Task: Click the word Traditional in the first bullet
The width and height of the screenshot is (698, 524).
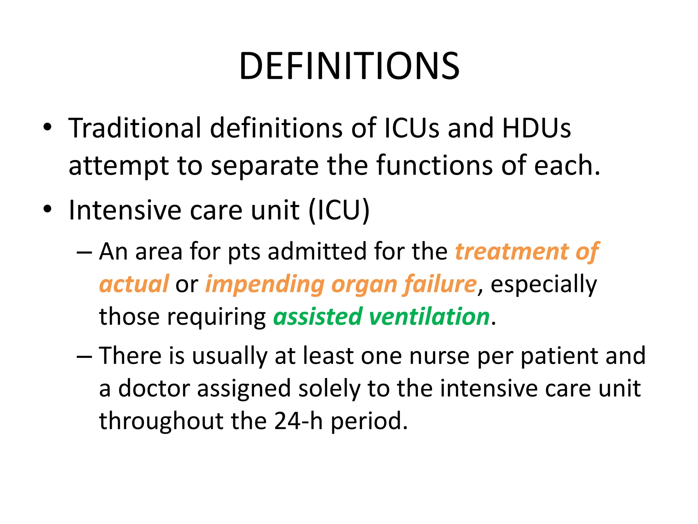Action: pos(135,128)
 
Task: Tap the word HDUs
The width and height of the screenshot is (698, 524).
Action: pos(536,128)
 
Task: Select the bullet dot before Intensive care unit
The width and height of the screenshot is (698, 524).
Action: pos(48,209)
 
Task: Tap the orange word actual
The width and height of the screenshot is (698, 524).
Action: pos(134,284)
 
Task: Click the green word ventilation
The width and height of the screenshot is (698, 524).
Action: pos(429,317)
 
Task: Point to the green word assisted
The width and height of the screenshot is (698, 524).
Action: pos(318,317)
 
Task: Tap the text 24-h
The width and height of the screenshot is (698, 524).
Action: pos(298,421)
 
